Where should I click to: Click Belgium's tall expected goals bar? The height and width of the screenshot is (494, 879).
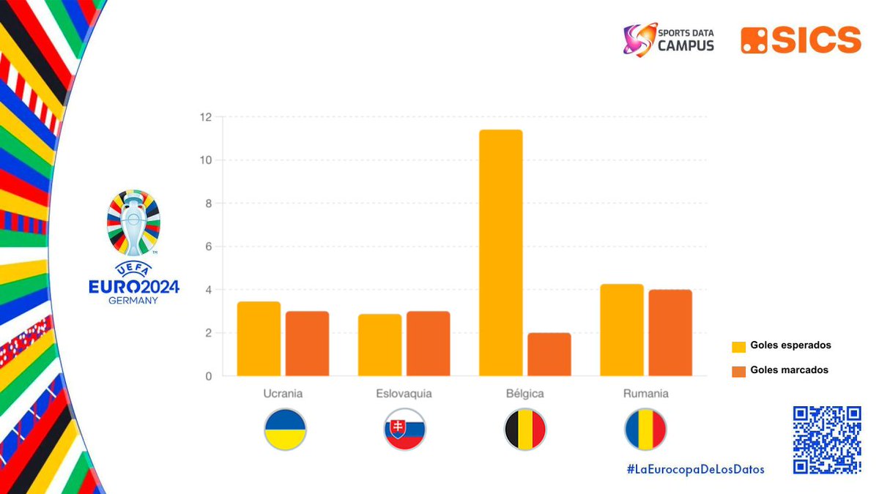501,252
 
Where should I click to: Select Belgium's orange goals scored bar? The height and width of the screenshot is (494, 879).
549,354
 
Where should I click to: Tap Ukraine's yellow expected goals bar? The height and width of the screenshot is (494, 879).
259,339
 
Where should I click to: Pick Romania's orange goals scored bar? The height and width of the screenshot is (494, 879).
670,333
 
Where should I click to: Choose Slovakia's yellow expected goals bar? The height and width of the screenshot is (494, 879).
380,345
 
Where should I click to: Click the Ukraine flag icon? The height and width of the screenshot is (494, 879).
285,430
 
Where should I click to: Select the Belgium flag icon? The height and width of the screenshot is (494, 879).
525,430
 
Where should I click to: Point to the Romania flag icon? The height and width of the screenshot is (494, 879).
645,430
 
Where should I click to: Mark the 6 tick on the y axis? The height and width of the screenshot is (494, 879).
208,247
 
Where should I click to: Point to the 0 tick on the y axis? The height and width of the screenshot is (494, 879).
208,376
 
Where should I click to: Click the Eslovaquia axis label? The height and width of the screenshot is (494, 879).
404,394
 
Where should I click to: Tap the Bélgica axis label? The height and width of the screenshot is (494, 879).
525,394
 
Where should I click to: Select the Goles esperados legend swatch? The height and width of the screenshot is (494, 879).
738,346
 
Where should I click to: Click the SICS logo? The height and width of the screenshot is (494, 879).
801,40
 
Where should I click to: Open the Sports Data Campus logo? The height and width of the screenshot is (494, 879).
668,40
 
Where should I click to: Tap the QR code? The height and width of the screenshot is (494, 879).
827,440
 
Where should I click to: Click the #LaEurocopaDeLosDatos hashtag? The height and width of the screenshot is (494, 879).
695,469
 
